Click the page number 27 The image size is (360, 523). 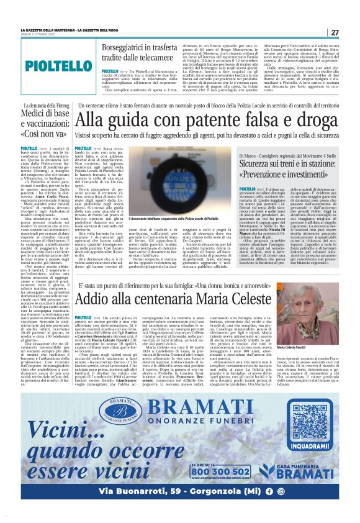click(x=334, y=32)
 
